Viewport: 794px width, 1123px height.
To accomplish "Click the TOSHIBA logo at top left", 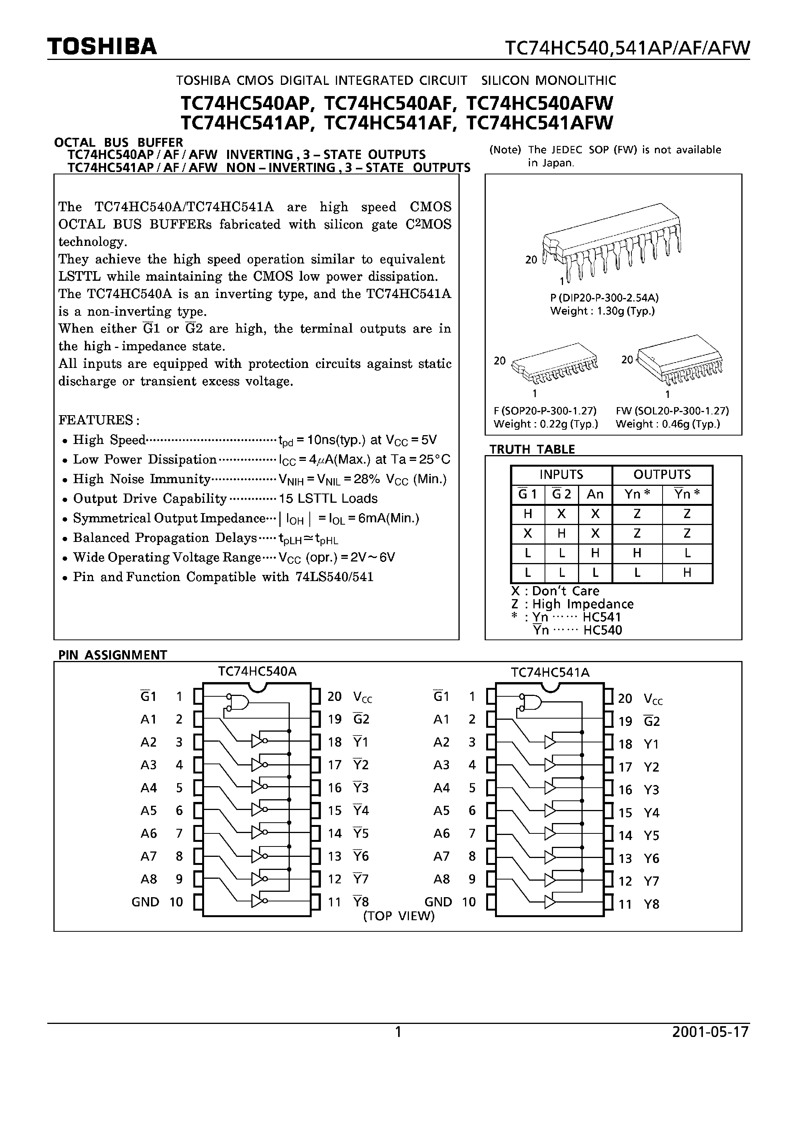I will (x=102, y=46).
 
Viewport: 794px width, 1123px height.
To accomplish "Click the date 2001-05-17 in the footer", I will (x=710, y=1032).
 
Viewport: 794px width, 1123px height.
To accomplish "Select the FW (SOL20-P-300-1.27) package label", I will (x=672, y=411).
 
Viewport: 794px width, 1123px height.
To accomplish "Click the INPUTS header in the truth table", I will (x=561, y=474).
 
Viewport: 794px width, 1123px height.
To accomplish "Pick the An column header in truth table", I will (x=595, y=495).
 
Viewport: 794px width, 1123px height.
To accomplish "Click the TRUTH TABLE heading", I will (x=532, y=449).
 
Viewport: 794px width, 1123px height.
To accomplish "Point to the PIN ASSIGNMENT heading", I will (x=113, y=655).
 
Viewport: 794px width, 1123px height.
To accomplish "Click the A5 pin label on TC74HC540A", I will (x=148, y=810).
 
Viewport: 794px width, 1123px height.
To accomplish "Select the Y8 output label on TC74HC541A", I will (x=651, y=904).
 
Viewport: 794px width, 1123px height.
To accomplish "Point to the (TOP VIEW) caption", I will (x=399, y=916).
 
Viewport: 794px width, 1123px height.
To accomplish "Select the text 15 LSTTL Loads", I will (x=328, y=499).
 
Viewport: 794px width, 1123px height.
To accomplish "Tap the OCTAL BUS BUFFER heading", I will (x=118, y=142).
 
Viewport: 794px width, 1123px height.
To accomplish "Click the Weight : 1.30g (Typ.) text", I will (x=602, y=311).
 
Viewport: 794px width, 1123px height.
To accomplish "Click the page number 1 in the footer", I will (x=398, y=1032).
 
